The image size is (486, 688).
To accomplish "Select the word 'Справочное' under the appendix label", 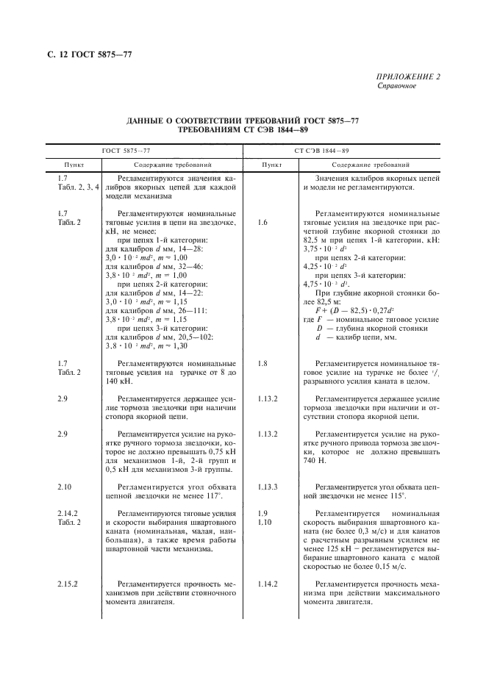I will pos(397,85).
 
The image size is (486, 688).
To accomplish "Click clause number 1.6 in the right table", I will pos(264,221).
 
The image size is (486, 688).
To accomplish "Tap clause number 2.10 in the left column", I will pos(64,487).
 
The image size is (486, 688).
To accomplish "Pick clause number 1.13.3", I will pos(268,487).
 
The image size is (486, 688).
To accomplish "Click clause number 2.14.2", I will pos(67,513).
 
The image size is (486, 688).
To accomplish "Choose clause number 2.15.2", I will pos(67,584).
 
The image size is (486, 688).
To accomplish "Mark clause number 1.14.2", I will pos(268,584).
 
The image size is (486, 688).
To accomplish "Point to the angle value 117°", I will pos(218,496).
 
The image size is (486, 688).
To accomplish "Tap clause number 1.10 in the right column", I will pos(264,522).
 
